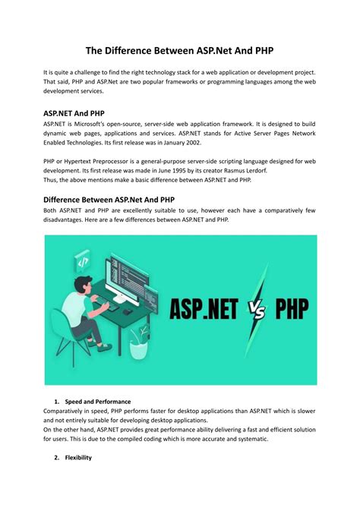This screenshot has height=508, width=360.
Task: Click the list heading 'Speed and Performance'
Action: (x=98, y=401)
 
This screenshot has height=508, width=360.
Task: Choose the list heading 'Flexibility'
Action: (x=78, y=458)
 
